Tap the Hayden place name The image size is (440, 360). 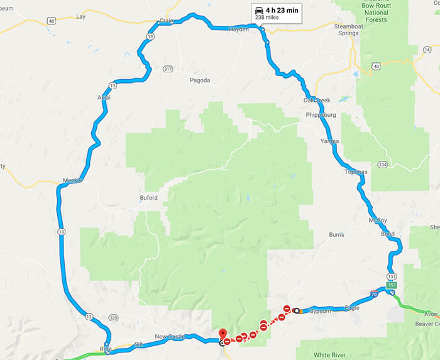[x=239, y=29]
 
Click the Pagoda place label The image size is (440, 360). [x=199, y=80]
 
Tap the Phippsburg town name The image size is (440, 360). [x=321, y=115]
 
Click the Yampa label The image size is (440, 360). [x=329, y=141]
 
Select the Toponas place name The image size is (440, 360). [x=356, y=172]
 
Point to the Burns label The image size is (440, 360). [x=336, y=235]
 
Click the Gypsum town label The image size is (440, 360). [x=320, y=311]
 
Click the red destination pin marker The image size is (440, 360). [x=221, y=333]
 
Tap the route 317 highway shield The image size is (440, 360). [x=167, y=68]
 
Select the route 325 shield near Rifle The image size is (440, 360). [x=113, y=317]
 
